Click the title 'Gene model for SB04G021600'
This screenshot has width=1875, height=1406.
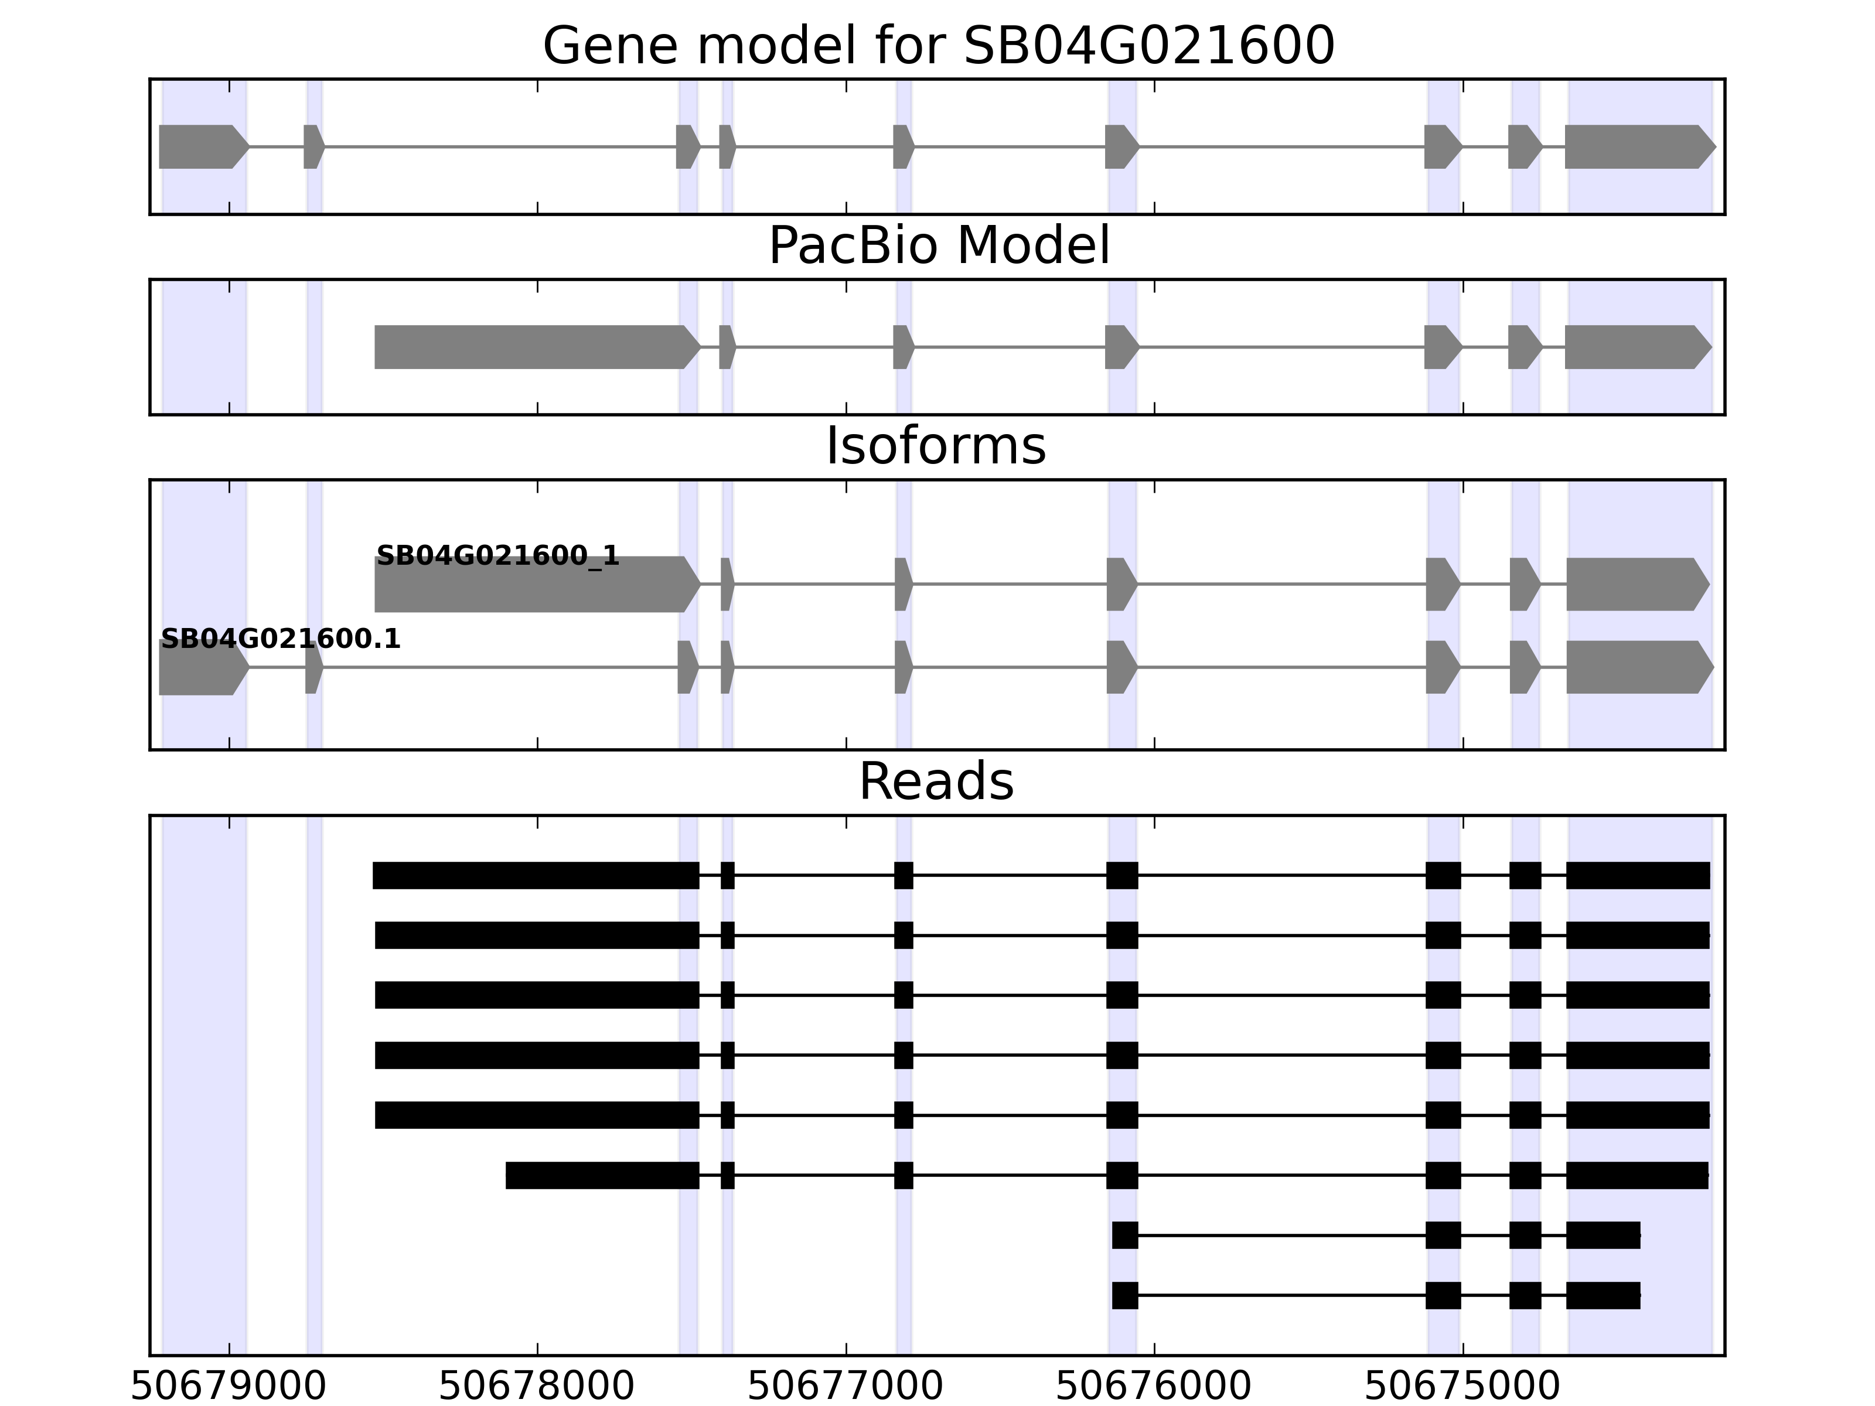(937, 46)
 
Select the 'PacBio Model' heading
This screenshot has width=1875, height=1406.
(937, 246)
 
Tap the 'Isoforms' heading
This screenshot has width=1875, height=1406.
(936, 446)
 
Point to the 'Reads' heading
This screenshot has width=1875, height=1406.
(936, 782)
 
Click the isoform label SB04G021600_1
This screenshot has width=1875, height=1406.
(497, 556)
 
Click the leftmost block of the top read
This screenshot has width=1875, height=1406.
(536, 875)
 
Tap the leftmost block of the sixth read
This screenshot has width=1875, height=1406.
(602, 1176)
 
